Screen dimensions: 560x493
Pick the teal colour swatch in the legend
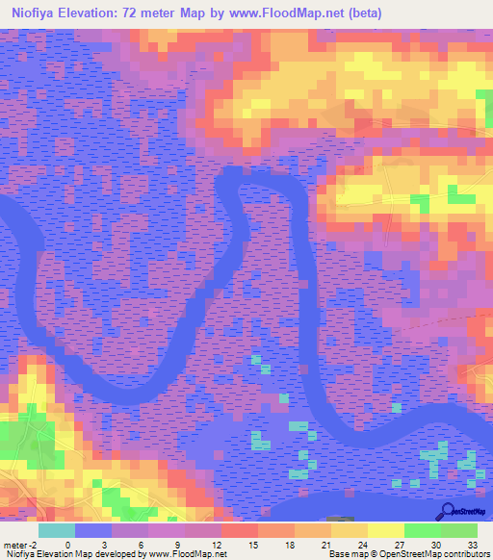point(57,530)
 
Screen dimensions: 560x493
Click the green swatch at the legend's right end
point(458,530)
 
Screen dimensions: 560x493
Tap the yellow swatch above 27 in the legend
point(385,530)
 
